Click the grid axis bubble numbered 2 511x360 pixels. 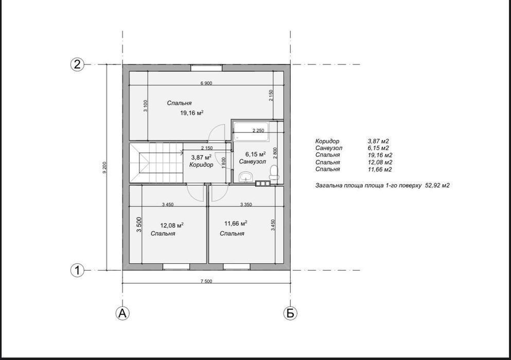[x=77, y=64]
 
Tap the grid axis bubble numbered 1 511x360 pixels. [x=77, y=271]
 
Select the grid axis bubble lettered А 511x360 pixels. [x=122, y=313]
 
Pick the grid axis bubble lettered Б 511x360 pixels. [x=290, y=313]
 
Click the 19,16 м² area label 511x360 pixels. [x=192, y=113]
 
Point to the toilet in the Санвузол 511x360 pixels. [x=274, y=172]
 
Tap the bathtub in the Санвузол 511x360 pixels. [x=251, y=132]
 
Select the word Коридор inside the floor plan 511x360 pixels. [x=201, y=165]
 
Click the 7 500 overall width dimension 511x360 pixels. [x=206, y=281]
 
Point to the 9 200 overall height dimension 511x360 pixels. [x=104, y=168]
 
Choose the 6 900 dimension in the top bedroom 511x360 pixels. [x=206, y=83]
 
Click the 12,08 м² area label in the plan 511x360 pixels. [x=172, y=225]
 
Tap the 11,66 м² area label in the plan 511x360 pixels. [x=236, y=223]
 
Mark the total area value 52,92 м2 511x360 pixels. [x=437, y=185]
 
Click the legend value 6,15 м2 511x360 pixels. [x=378, y=148]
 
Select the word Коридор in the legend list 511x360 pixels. [x=327, y=141]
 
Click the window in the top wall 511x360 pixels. [x=207, y=68]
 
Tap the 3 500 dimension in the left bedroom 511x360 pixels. [x=139, y=224]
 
